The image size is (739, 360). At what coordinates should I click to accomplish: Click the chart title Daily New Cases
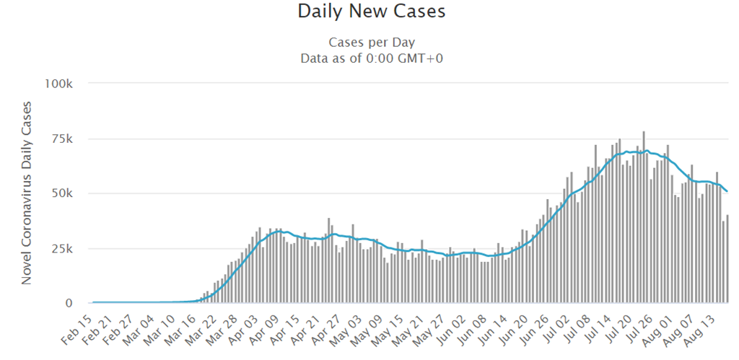point(371,12)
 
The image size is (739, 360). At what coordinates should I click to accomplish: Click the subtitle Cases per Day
point(371,42)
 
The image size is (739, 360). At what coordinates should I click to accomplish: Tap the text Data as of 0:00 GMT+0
point(371,58)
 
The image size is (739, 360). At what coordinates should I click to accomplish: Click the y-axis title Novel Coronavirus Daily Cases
point(27,193)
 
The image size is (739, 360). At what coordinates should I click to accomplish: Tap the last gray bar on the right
point(727,259)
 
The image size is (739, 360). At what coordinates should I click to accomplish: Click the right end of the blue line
point(727,191)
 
